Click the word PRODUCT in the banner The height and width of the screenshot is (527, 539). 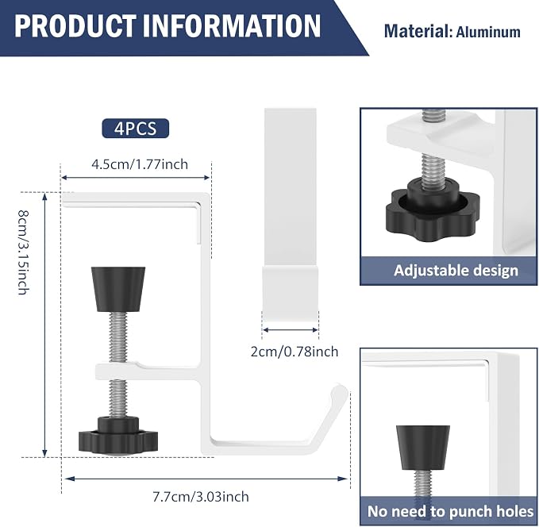click(x=75, y=26)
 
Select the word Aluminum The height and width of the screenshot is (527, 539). click(x=488, y=32)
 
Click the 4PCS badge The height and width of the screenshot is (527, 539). click(x=136, y=129)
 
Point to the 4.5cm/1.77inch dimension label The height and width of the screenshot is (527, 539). click(x=140, y=164)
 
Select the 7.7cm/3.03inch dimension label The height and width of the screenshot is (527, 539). click(x=201, y=497)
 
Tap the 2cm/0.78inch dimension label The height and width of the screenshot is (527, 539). click(x=295, y=352)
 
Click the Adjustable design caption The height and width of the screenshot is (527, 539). click(x=456, y=271)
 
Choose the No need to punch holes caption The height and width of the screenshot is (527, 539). click(x=450, y=511)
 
